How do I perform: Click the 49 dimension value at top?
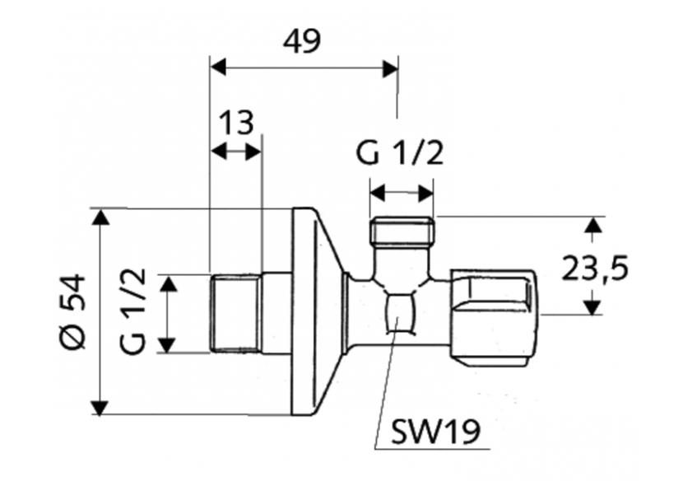coord(301,40)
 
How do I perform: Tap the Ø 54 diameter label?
coord(75,312)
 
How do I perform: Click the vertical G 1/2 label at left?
coord(135,311)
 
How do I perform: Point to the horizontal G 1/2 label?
coord(400,154)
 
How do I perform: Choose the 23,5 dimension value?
coord(595,268)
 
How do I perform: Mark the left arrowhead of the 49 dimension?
coord(218,68)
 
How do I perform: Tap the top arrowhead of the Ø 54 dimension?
coord(100,217)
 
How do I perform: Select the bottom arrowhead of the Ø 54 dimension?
coord(100,407)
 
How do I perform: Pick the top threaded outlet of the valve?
coord(402,231)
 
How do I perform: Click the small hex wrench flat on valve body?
coord(401,313)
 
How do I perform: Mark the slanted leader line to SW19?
coord(387,387)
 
